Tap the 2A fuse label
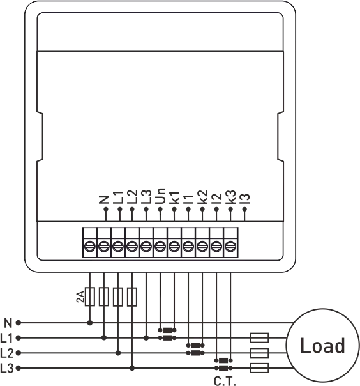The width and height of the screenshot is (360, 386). click(80, 297)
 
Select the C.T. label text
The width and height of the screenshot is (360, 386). click(225, 381)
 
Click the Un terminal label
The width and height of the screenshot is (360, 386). click(161, 196)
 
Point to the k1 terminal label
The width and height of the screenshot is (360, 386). click(175, 197)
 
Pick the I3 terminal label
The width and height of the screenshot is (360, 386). click(245, 199)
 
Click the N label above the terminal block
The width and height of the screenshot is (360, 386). click(104, 200)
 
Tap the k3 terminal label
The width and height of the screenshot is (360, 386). click(230, 197)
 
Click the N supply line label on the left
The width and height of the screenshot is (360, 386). click(8, 323)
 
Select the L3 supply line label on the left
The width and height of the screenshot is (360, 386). click(6, 369)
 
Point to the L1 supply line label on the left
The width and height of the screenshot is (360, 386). click(6, 338)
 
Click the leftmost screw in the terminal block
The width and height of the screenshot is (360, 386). click(90, 247)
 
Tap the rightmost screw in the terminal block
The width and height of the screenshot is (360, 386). click(230, 247)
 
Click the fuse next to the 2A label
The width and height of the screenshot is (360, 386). click(90, 297)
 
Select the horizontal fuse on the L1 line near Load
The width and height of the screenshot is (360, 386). click(259, 338)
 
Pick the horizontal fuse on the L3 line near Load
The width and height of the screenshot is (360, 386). click(259, 368)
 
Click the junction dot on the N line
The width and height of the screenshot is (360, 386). click(90, 323)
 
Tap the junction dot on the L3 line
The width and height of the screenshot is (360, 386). click(132, 368)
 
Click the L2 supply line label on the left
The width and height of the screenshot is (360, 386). click(6, 353)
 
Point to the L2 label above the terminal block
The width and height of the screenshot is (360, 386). click(132, 197)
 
